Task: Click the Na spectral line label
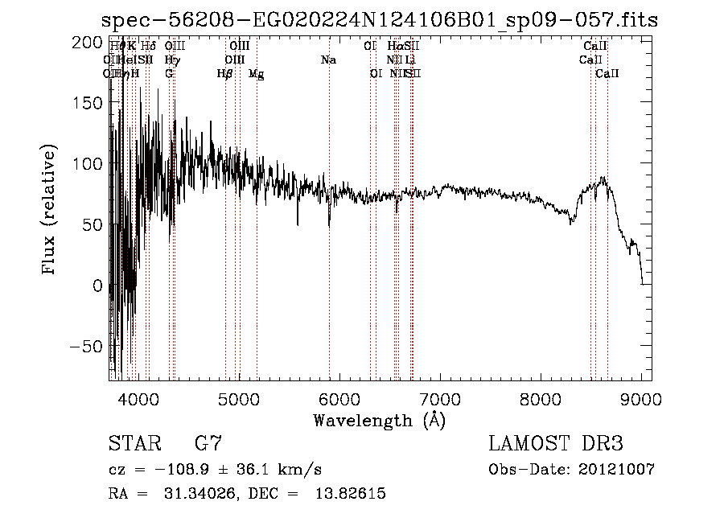tap(328, 60)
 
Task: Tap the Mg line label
tap(256, 74)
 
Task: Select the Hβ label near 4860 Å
tap(225, 74)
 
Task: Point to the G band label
tap(169, 74)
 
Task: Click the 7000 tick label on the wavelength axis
tap(440, 397)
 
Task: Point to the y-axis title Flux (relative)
tap(50, 210)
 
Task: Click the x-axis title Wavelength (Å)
tap(379, 420)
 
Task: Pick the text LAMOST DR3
tap(556, 444)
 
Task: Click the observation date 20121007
tap(616, 469)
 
